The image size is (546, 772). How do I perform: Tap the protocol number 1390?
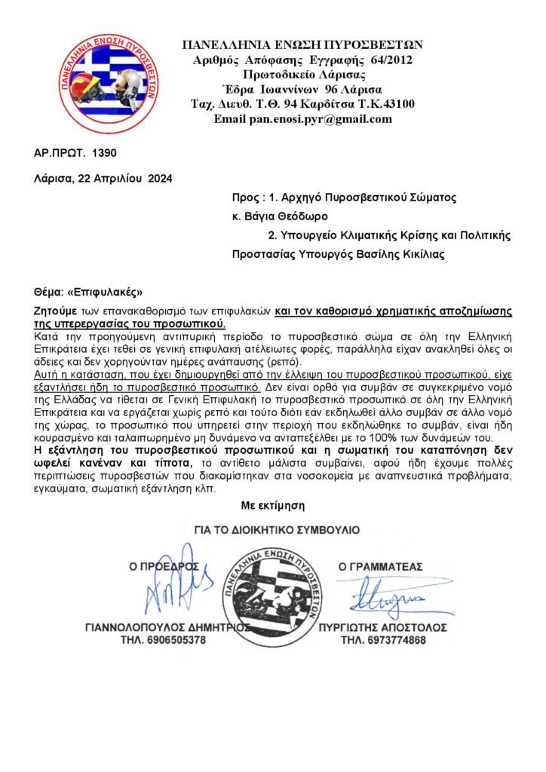point(104,153)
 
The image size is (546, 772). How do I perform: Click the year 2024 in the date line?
point(160,179)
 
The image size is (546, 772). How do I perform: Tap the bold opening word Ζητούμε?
point(54,311)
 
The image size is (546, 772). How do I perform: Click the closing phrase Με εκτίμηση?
point(272,504)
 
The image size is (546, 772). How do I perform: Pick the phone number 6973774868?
point(383,641)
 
